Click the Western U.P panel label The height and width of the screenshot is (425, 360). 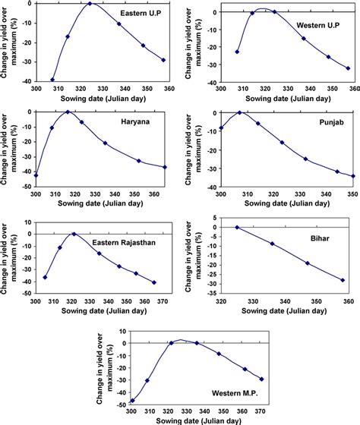pyautogui.click(x=317, y=27)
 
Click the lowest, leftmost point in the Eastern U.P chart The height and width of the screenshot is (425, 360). pyautogui.click(x=52, y=80)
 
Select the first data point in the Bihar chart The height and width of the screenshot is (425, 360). pyautogui.click(x=237, y=227)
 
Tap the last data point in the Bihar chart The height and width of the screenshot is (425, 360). pyautogui.click(x=343, y=280)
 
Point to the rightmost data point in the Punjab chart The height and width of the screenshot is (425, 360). pyautogui.click(x=354, y=176)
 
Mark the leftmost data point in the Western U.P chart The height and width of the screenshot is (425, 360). pyautogui.click(x=237, y=52)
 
